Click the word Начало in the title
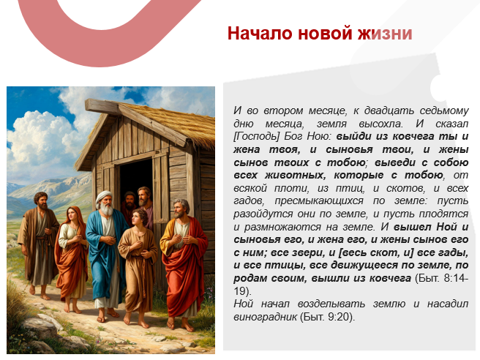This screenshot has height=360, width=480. click(x=253, y=34)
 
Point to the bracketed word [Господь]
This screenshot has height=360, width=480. click(x=257, y=136)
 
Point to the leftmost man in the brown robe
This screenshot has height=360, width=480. click(x=39, y=241)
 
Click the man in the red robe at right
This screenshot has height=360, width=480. click(x=184, y=256)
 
